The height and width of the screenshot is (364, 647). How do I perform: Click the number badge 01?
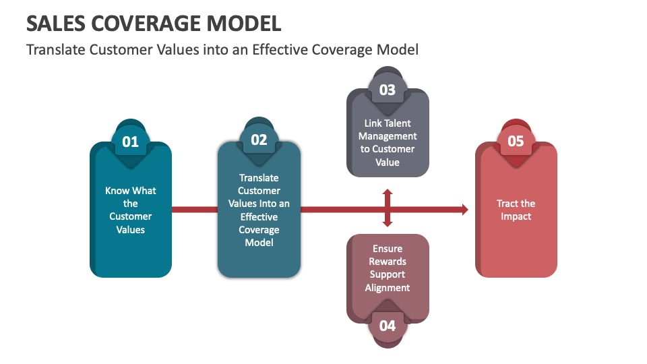coord(130,142)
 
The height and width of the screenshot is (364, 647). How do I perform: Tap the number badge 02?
coord(259,140)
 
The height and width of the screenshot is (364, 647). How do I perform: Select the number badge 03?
coord(388,90)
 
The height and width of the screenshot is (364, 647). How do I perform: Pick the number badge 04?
coord(388,326)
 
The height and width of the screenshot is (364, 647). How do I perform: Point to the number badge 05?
coord(516,141)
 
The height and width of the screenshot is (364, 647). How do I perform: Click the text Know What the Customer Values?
coord(130,210)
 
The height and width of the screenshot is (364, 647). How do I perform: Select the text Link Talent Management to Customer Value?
coord(388,143)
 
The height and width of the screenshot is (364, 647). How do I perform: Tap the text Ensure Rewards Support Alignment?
coord(388,268)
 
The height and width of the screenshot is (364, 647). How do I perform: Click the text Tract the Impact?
coord(516,210)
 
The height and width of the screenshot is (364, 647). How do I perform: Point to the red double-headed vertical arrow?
coord(388,208)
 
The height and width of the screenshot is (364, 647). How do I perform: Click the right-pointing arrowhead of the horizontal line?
coord(464,210)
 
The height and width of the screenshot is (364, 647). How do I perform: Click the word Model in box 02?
coord(259,243)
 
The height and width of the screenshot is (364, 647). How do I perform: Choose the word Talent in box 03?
coord(398,123)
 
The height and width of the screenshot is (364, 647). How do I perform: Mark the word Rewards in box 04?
coord(388,262)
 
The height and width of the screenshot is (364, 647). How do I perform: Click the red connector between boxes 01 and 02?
coord(194,210)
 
